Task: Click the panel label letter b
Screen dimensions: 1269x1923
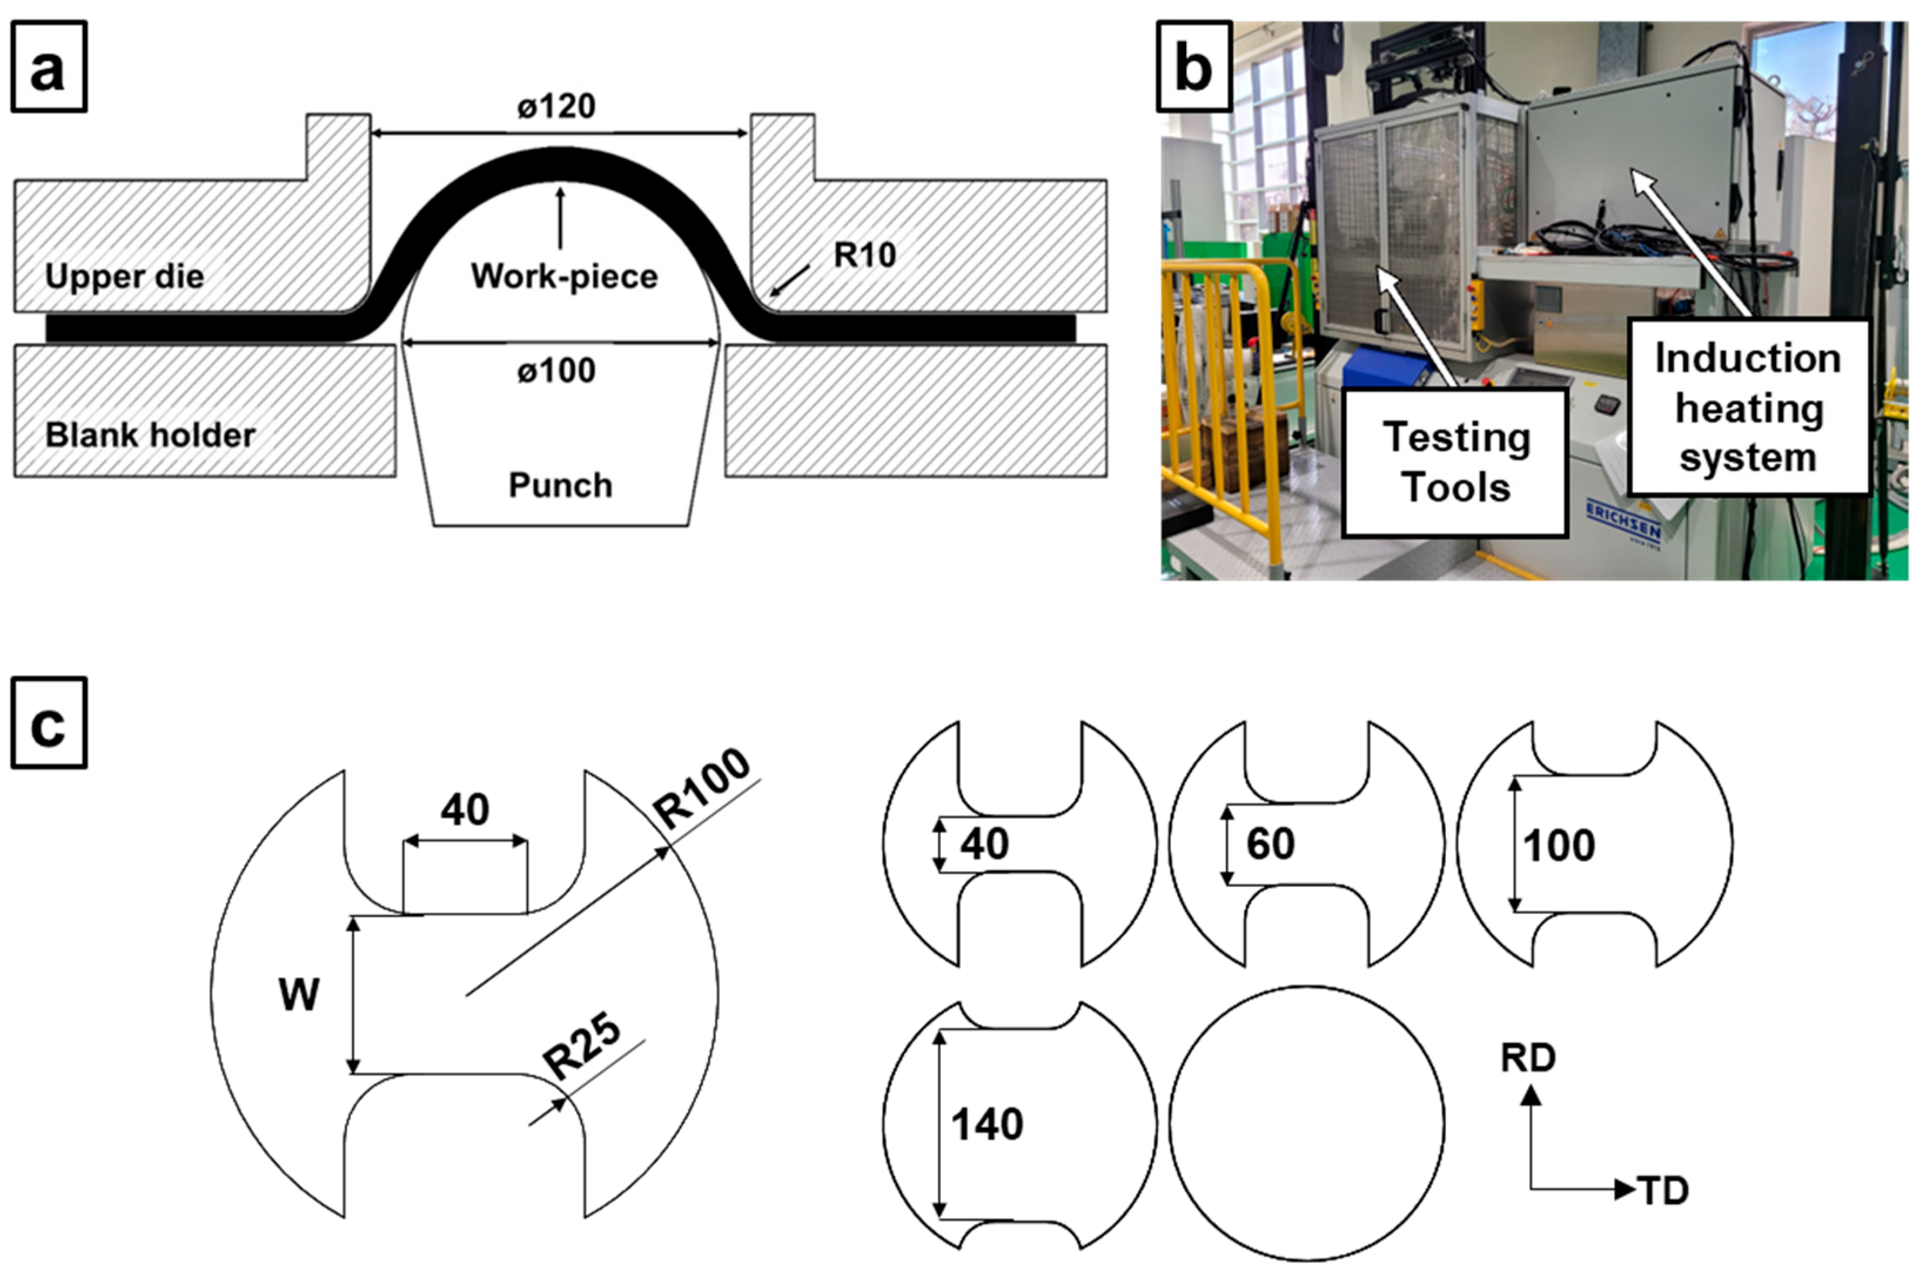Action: click(x=1194, y=68)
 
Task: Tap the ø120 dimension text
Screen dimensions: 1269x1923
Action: click(x=557, y=106)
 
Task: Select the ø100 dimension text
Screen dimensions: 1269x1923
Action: click(x=557, y=371)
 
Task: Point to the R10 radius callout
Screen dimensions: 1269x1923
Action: click(x=864, y=256)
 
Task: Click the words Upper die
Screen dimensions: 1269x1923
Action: click(x=125, y=277)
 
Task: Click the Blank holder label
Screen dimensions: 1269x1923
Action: click(x=150, y=435)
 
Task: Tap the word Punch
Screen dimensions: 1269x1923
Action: click(x=560, y=486)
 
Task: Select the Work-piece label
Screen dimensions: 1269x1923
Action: click(x=564, y=277)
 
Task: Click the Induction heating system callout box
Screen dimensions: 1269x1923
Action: click(x=1747, y=408)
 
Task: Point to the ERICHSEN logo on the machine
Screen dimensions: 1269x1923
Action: click(x=1623, y=522)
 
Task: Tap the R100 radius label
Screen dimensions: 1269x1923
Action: click(x=703, y=788)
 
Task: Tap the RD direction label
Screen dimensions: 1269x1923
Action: click(x=1528, y=1057)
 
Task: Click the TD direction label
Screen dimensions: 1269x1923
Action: click(x=1663, y=1190)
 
